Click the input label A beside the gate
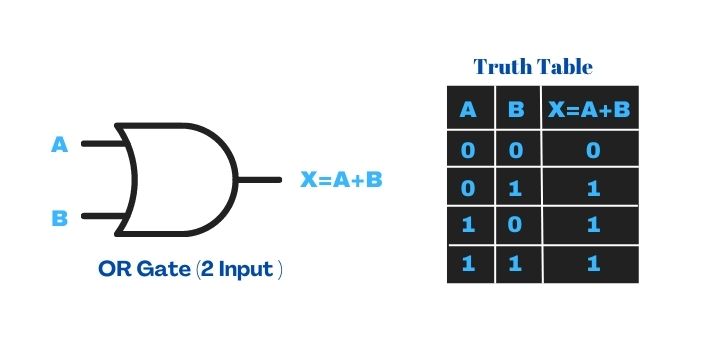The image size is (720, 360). (x=60, y=145)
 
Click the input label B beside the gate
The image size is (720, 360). (x=60, y=216)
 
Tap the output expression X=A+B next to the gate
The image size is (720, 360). (x=342, y=181)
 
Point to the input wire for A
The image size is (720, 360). (x=100, y=143)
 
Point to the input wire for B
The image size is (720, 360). (x=100, y=215)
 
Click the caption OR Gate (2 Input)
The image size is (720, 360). (x=190, y=271)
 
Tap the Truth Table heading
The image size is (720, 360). (x=533, y=67)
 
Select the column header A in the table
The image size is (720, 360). (x=468, y=109)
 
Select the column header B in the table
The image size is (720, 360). (x=516, y=109)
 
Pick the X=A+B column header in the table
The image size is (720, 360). (x=589, y=109)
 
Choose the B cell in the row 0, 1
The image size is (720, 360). (x=516, y=187)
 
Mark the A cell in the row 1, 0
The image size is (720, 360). (x=468, y=226)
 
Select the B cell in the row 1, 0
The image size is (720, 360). (x=516, y=226)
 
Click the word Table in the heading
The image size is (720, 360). (x=564, y=67)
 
